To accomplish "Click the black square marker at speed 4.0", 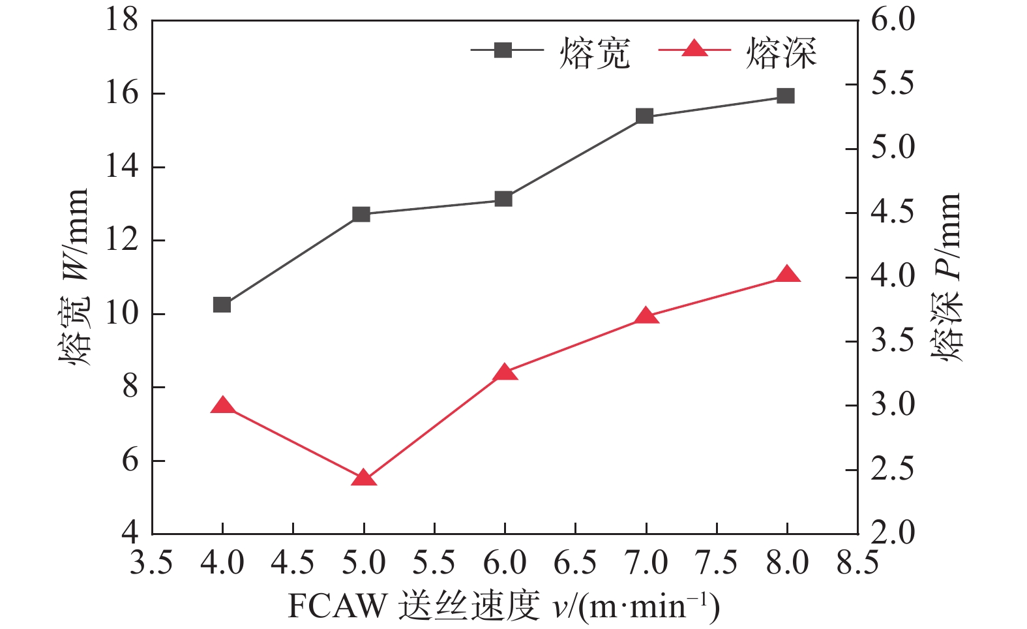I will click(222, 305).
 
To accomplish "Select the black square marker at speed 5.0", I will click(361, 214).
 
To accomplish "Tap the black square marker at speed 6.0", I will click(503, 199).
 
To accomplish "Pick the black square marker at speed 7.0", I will click(645, 116).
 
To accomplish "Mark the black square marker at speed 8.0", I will click(786, 97).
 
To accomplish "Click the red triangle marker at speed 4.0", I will click(223, 407).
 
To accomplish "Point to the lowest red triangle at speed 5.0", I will click(364, 479).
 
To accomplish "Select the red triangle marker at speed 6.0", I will click(504, 373).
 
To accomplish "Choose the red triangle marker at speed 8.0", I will click(786, 275).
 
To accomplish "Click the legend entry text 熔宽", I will click(595, 54).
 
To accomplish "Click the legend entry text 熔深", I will click(781, 54).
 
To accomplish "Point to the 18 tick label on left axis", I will click(122, 20).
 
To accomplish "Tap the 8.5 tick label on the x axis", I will click(857, 562).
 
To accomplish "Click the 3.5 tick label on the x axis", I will click(151, 562).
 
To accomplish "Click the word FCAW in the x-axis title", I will click(337, 606).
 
